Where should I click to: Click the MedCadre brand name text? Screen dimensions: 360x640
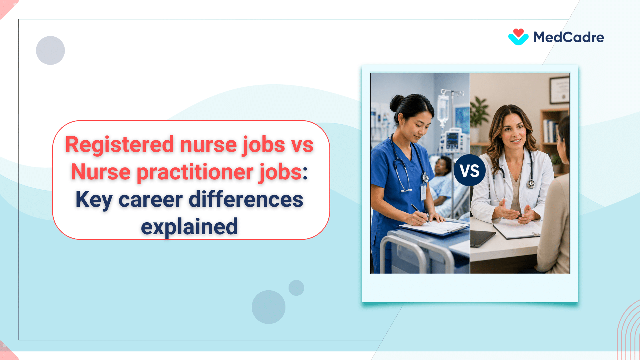(x=569, y=37)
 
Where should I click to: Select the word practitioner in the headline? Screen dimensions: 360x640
(x=195, y=172)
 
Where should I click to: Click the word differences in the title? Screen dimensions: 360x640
(x=246, y=199)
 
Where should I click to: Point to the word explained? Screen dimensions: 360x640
(x=189, y=227)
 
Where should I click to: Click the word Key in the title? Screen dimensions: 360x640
(x=94, y=199)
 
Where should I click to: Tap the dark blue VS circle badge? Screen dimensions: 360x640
(x=469, y=171)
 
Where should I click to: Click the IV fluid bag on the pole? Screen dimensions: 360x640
(x=443, y=109)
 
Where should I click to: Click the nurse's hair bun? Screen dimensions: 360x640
(x=396, y=103)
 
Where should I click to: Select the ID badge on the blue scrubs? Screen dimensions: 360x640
(x=423, y=191)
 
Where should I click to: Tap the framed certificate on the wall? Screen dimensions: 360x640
(x=559, y=90)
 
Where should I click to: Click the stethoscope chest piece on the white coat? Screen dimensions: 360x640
(x=531, y=184)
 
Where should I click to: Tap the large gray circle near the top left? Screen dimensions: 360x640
(x=50, y=50)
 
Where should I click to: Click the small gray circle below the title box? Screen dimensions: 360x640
(x=296, y=288)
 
